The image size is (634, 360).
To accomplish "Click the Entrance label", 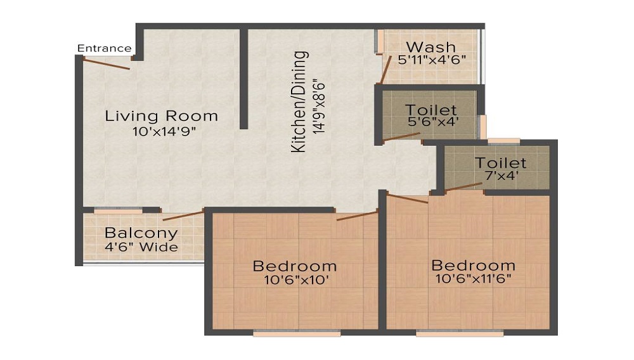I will tap(105, 48).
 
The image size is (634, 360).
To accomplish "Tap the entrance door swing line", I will tap(106, 64).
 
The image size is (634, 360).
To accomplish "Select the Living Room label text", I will tap(161, 117).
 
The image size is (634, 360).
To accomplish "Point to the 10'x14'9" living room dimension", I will tap(161, 132).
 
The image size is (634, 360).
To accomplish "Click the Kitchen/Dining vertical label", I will tap(299, 101).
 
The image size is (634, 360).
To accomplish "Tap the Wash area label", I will tap(430, 47).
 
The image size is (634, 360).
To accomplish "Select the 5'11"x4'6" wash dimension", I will tap(432, 61).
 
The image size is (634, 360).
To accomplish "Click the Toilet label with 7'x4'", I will tap(500, 163).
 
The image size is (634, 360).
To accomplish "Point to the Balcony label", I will tap(141, 233).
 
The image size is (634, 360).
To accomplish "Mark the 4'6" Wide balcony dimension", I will tap(141, 247).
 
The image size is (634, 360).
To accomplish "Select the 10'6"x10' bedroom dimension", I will tap(294, 280).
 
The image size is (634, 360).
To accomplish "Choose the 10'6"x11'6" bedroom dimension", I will tap(472, 279).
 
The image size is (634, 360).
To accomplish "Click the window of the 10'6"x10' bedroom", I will tap(296, 333).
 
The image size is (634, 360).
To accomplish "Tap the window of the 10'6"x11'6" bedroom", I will tap(460, 333).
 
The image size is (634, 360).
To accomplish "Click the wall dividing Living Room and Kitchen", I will tap(243, 79).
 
